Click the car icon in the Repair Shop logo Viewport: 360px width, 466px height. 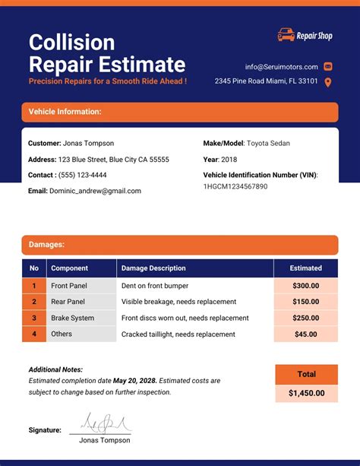click(286, 34)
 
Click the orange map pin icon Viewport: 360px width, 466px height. click(328, 82)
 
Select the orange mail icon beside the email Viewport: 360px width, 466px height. click(328, 66)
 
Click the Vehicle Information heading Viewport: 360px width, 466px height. click(65, 112)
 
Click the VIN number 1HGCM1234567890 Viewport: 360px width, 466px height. click(235, 186)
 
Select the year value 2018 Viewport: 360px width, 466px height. click(229, 160)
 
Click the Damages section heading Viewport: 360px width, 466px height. click(46, 245)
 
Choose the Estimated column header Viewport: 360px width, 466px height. click(306, 268)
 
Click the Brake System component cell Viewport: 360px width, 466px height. click(72, 318)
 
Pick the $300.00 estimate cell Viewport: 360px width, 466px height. click(306, 286)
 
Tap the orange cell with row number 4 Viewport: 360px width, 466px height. click(33, 334)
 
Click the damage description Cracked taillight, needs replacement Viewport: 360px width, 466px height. click(178, 334)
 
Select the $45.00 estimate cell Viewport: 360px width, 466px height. click(306, 334)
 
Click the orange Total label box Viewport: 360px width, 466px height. click(306, 374)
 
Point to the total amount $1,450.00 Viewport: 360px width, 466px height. click(306, 393)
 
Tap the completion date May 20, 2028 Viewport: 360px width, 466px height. click(135, 380)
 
